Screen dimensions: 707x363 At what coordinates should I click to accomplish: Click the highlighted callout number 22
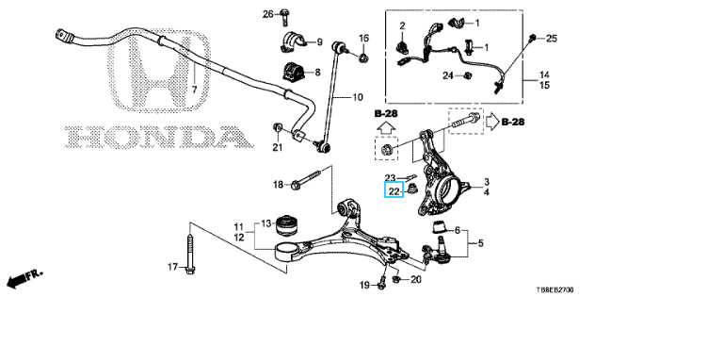click(394, 191)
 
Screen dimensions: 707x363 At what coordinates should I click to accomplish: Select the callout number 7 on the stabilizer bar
click(194, 90)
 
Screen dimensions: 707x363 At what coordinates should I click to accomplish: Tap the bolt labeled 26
click(284, 17)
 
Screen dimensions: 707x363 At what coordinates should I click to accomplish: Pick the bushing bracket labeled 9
click(293, 42)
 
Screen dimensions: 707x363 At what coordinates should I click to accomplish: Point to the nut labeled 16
click(363, 58)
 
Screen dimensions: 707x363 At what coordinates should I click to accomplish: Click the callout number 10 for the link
click(357, 97)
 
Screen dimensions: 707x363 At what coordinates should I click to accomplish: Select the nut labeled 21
click(277, 128)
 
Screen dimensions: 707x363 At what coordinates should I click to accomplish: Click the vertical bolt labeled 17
click(190, 254)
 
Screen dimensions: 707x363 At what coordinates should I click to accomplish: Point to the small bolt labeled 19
click(382, 281)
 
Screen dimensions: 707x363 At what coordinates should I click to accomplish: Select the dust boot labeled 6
click(440, 226)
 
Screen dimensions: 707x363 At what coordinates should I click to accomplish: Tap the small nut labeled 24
click(468, 75)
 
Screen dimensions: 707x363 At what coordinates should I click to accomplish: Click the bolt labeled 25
click(533, 38)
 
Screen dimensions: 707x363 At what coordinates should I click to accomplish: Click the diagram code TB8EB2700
click(554, 289)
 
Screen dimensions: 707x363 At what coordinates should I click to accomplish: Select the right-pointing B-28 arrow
click(492, 122)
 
